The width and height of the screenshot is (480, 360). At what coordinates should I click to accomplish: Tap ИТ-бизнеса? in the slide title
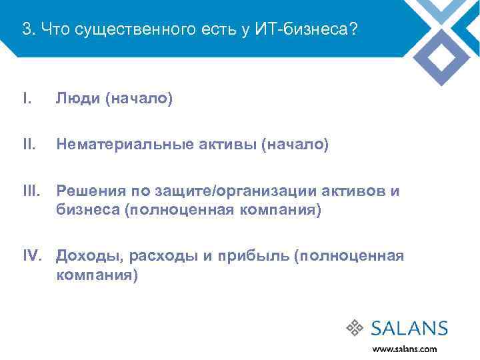click(313, 29)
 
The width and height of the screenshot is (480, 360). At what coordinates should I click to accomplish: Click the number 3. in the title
click(29, 29)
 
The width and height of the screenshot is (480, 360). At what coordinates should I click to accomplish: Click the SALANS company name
click(408, 327)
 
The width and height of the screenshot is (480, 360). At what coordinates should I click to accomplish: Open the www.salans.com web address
click(405, 348)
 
